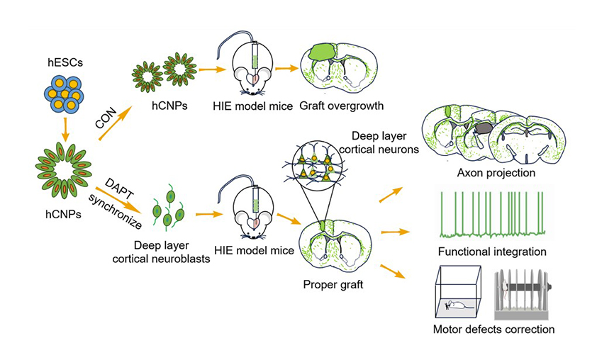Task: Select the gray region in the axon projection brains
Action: (484, 128)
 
